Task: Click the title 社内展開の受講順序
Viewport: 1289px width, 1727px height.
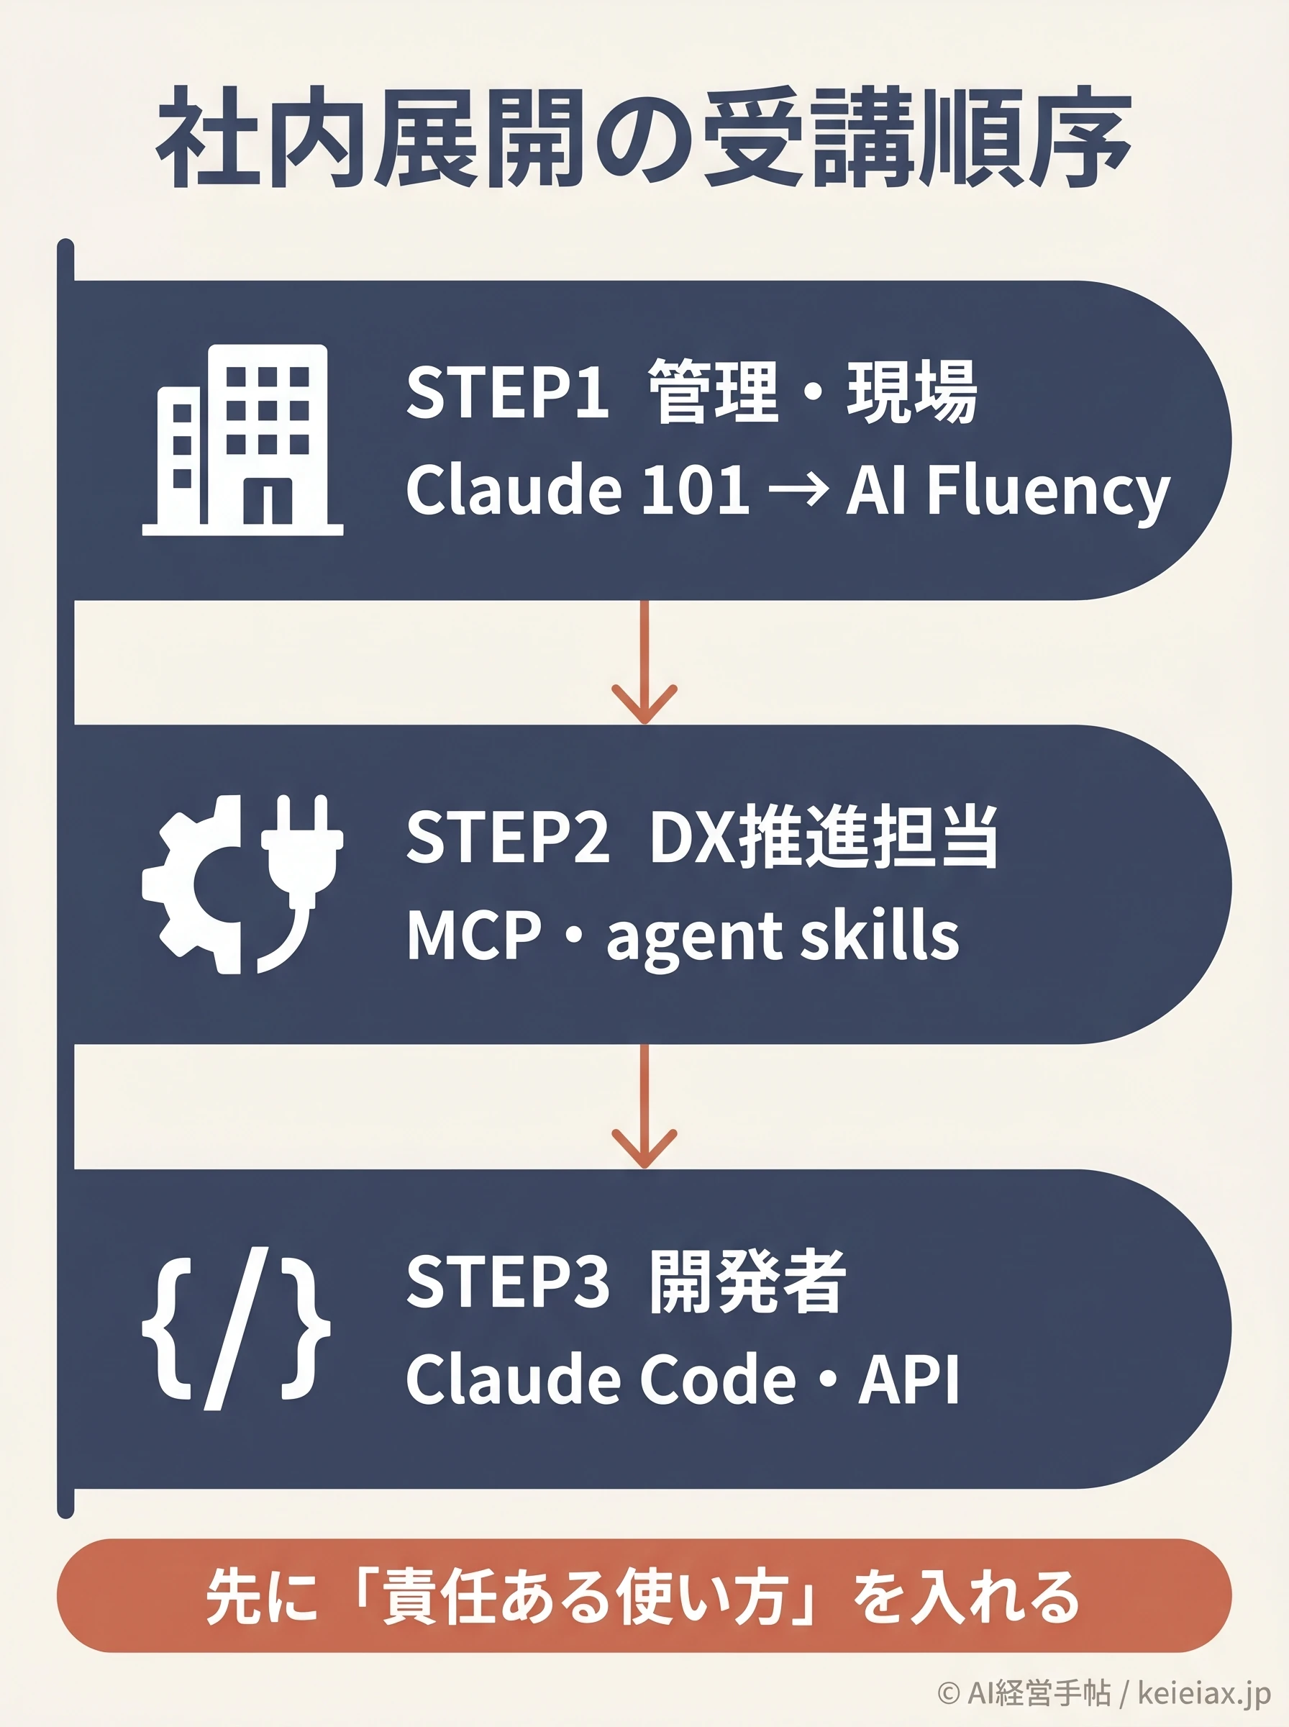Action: (x=644, y=138)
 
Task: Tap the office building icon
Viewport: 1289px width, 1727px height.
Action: (x=242, y=440)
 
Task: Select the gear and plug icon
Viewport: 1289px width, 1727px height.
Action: (x=242, y=884)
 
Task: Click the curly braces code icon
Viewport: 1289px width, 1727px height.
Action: (x=237, y=1328)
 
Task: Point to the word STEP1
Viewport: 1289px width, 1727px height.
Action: (x=507, y=391)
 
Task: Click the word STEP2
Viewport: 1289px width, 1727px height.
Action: (x=507, y=837)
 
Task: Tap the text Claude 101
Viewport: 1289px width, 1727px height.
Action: (x=578, y=489)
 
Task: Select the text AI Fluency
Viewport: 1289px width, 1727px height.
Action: (x=1008, y=491)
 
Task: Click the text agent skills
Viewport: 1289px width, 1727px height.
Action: (x=782, y=936)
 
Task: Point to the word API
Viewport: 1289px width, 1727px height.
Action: (x=909, y=1379)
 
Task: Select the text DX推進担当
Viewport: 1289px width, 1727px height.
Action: (x=823, y=837)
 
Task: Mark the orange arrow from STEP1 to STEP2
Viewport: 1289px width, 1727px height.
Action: (x=644, y=661)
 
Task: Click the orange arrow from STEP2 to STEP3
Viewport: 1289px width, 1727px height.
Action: (x=644, y=1106)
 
